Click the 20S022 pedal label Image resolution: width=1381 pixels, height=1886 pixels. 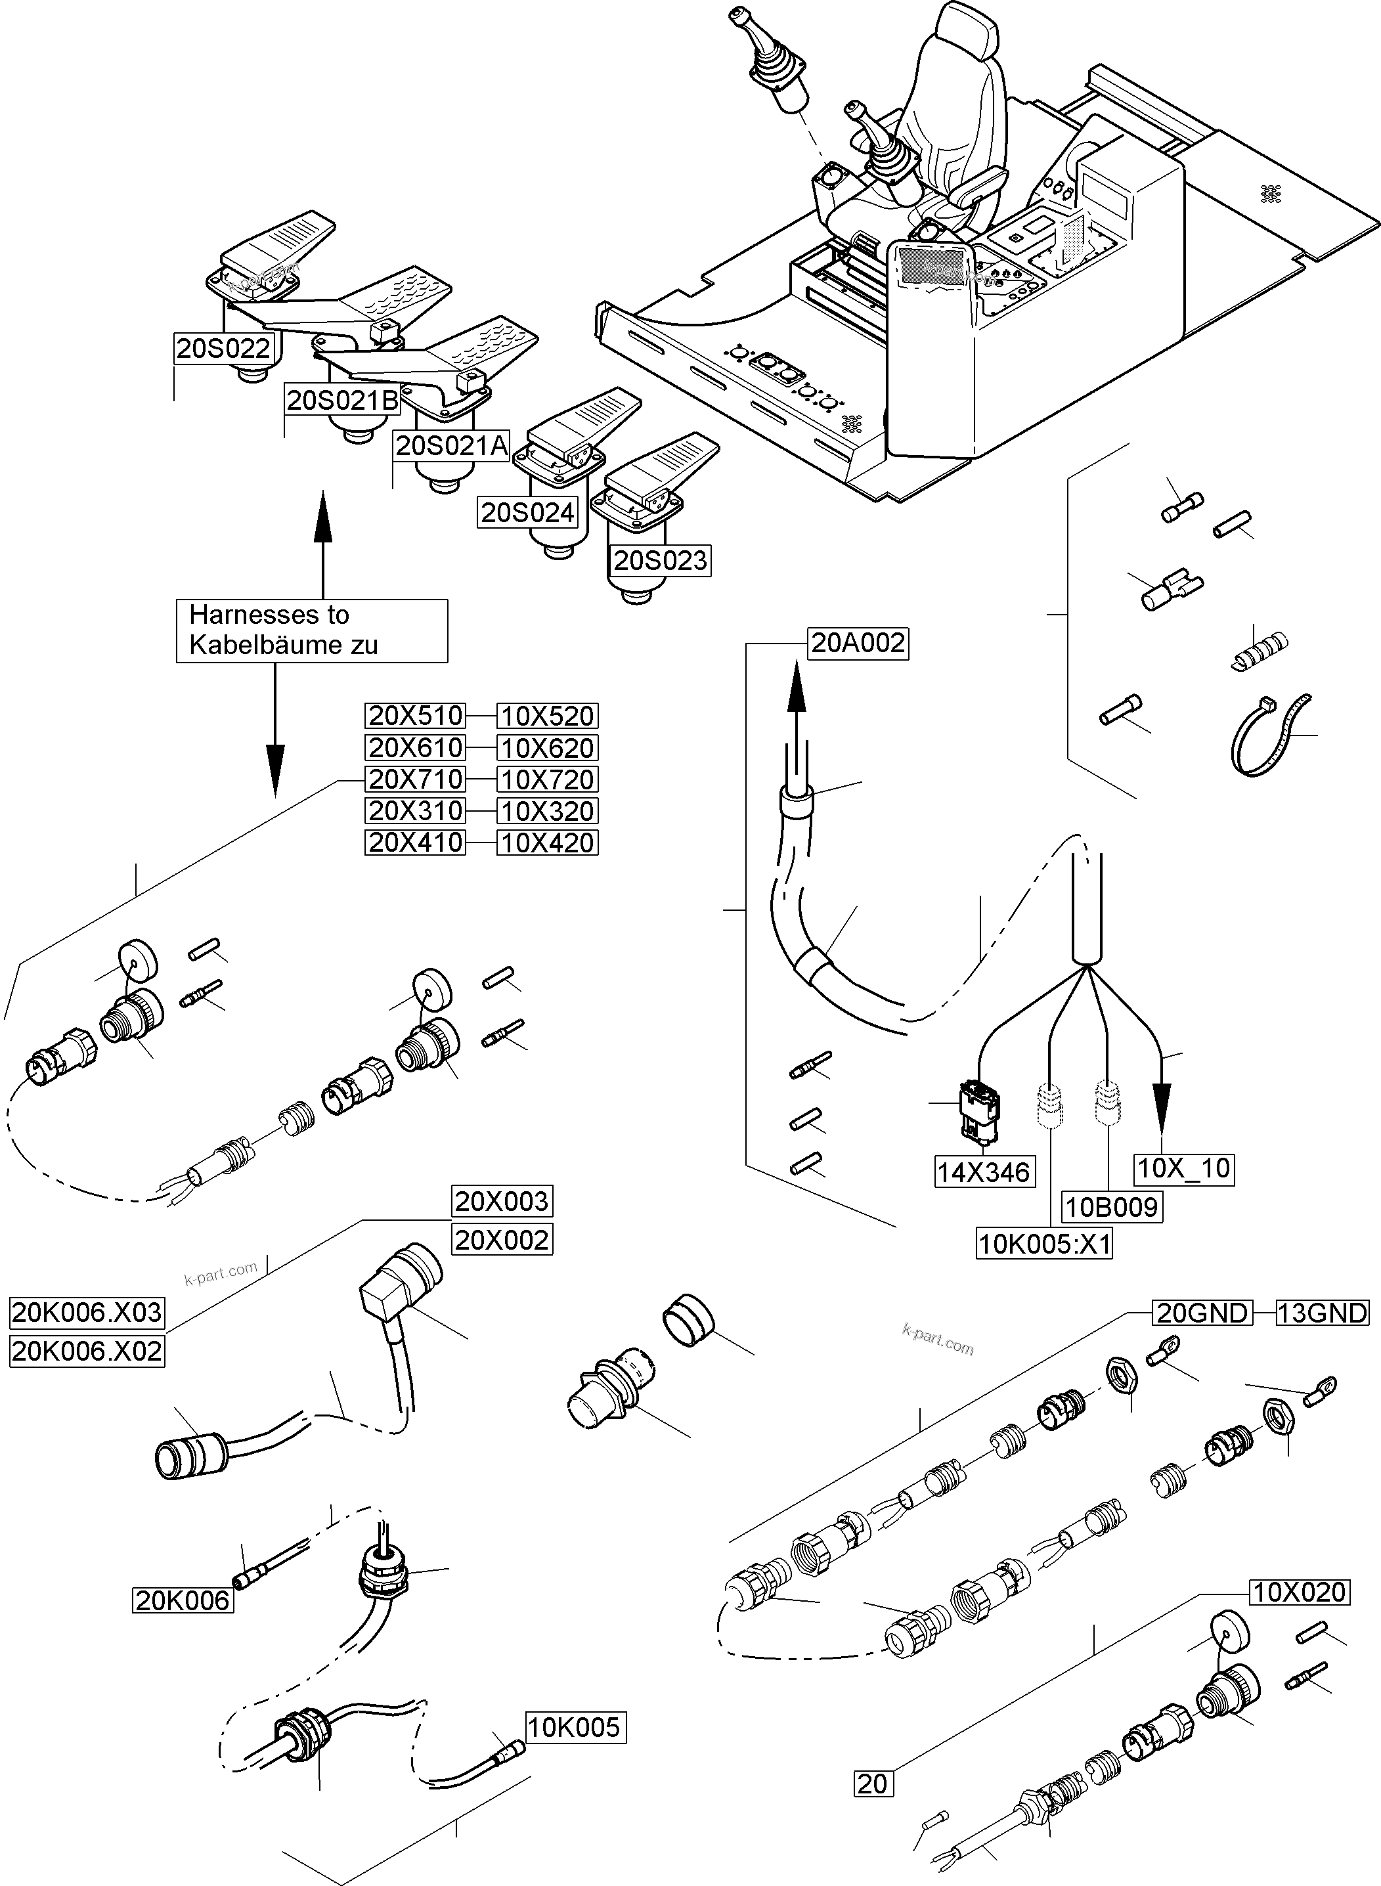(223, 348)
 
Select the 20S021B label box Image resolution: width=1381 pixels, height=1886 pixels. (343, 401)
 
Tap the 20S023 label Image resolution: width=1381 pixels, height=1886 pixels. (659, 559)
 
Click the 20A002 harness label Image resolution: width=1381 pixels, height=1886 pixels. (858, 642)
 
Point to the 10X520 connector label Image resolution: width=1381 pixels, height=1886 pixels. (548, 716)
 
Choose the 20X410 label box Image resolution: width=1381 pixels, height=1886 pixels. (416, 842)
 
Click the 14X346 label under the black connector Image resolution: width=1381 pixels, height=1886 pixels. (983, 1172)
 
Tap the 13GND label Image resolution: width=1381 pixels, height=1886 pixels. (1322, 1313)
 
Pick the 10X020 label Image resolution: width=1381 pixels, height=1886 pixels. (1299, 1592)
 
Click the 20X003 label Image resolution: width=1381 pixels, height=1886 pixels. (502, 1201)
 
